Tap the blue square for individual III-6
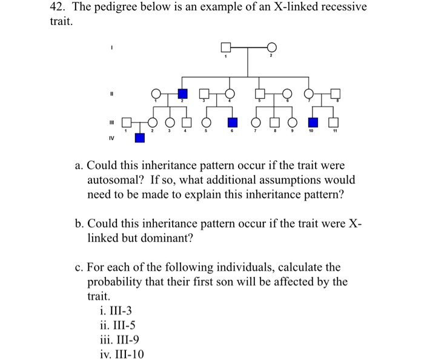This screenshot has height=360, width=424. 231,122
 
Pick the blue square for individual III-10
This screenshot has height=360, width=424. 314,122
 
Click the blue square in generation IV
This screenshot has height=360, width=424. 140,138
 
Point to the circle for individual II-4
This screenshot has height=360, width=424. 230,93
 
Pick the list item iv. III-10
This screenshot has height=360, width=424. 122,355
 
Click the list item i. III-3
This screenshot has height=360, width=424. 115,311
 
